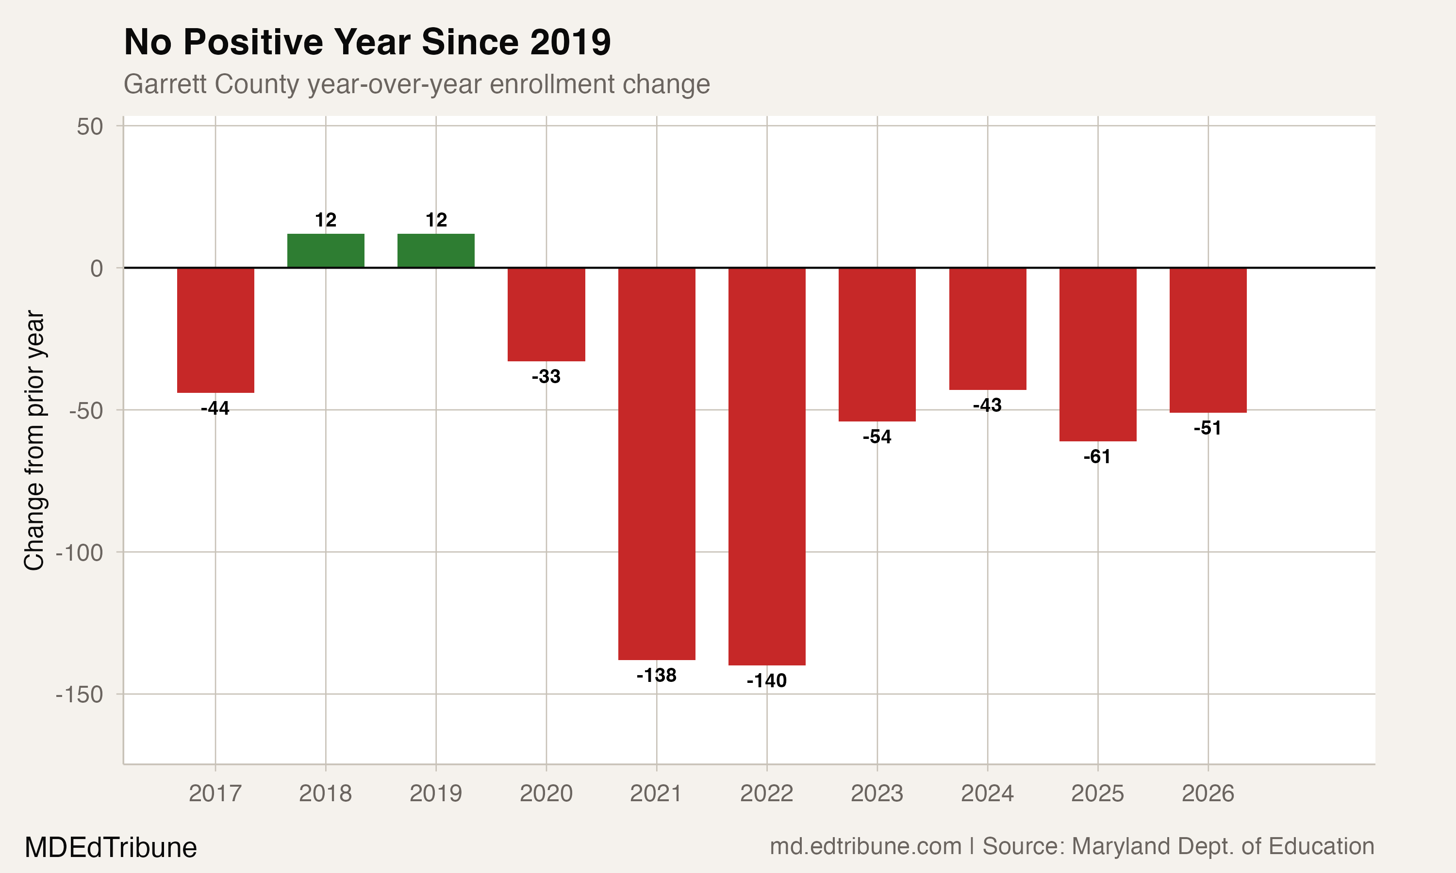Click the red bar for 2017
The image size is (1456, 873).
click(215, 330)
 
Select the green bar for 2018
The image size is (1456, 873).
click(326, 251)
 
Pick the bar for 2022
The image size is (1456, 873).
click(766, 466)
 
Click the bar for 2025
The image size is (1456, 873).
click(1098, 354)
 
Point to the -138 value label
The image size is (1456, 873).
click(656, 675)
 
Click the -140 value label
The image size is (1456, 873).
click(766, 680)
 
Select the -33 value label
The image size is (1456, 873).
click(546, 376)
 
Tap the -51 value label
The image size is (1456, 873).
click(1207, 428)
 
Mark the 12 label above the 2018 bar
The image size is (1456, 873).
click(326, 220)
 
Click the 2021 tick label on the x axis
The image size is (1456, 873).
click(656, 793)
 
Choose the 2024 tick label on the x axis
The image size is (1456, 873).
click(987, 793)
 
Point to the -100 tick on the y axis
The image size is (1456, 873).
click(80, 553)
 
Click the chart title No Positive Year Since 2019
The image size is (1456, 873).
click(367, 42)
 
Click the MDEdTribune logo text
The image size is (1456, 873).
click(111, 848)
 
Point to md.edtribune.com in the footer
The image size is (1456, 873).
click(865, 846)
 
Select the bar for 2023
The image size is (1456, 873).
click(877, 344)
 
